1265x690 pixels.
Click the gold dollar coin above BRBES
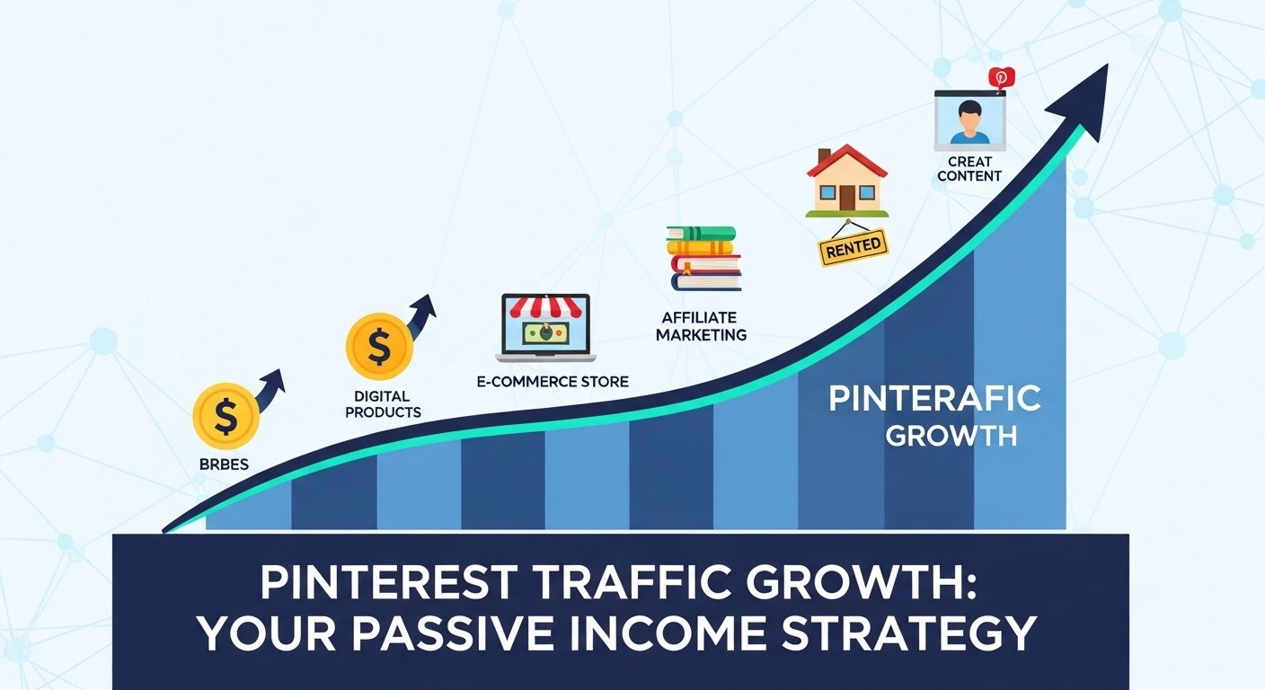[226, 416]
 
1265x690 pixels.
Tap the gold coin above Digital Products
[379, 346]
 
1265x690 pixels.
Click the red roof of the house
[846, 161]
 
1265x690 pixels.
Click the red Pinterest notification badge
[999, 78]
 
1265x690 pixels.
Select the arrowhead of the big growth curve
[1083, 99]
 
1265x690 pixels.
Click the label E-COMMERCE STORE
[553, 382]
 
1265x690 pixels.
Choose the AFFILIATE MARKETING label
[701, 326]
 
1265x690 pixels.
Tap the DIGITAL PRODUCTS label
[382, 403]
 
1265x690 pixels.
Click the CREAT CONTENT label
[969, 169]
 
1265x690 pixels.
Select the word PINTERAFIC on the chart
[934, 399]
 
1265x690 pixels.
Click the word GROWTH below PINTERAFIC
[951, 437]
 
